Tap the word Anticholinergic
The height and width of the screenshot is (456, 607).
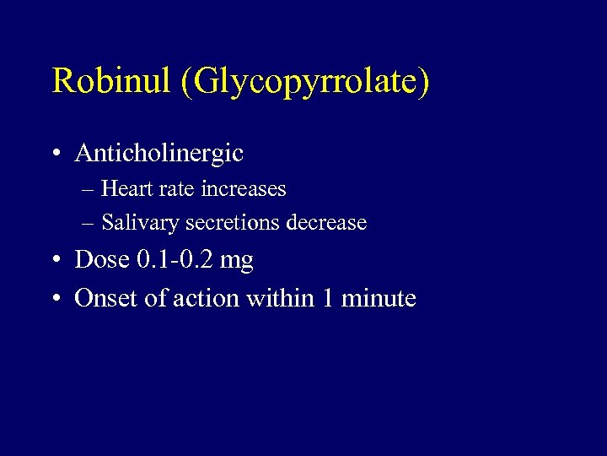point(159,153)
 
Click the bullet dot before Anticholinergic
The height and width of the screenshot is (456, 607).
point(55,154)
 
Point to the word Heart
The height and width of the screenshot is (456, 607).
point(126,188)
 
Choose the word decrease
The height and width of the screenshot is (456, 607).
point(327,223)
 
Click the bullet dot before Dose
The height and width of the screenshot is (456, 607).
point(55,261)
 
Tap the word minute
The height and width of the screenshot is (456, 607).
point(379,298)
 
